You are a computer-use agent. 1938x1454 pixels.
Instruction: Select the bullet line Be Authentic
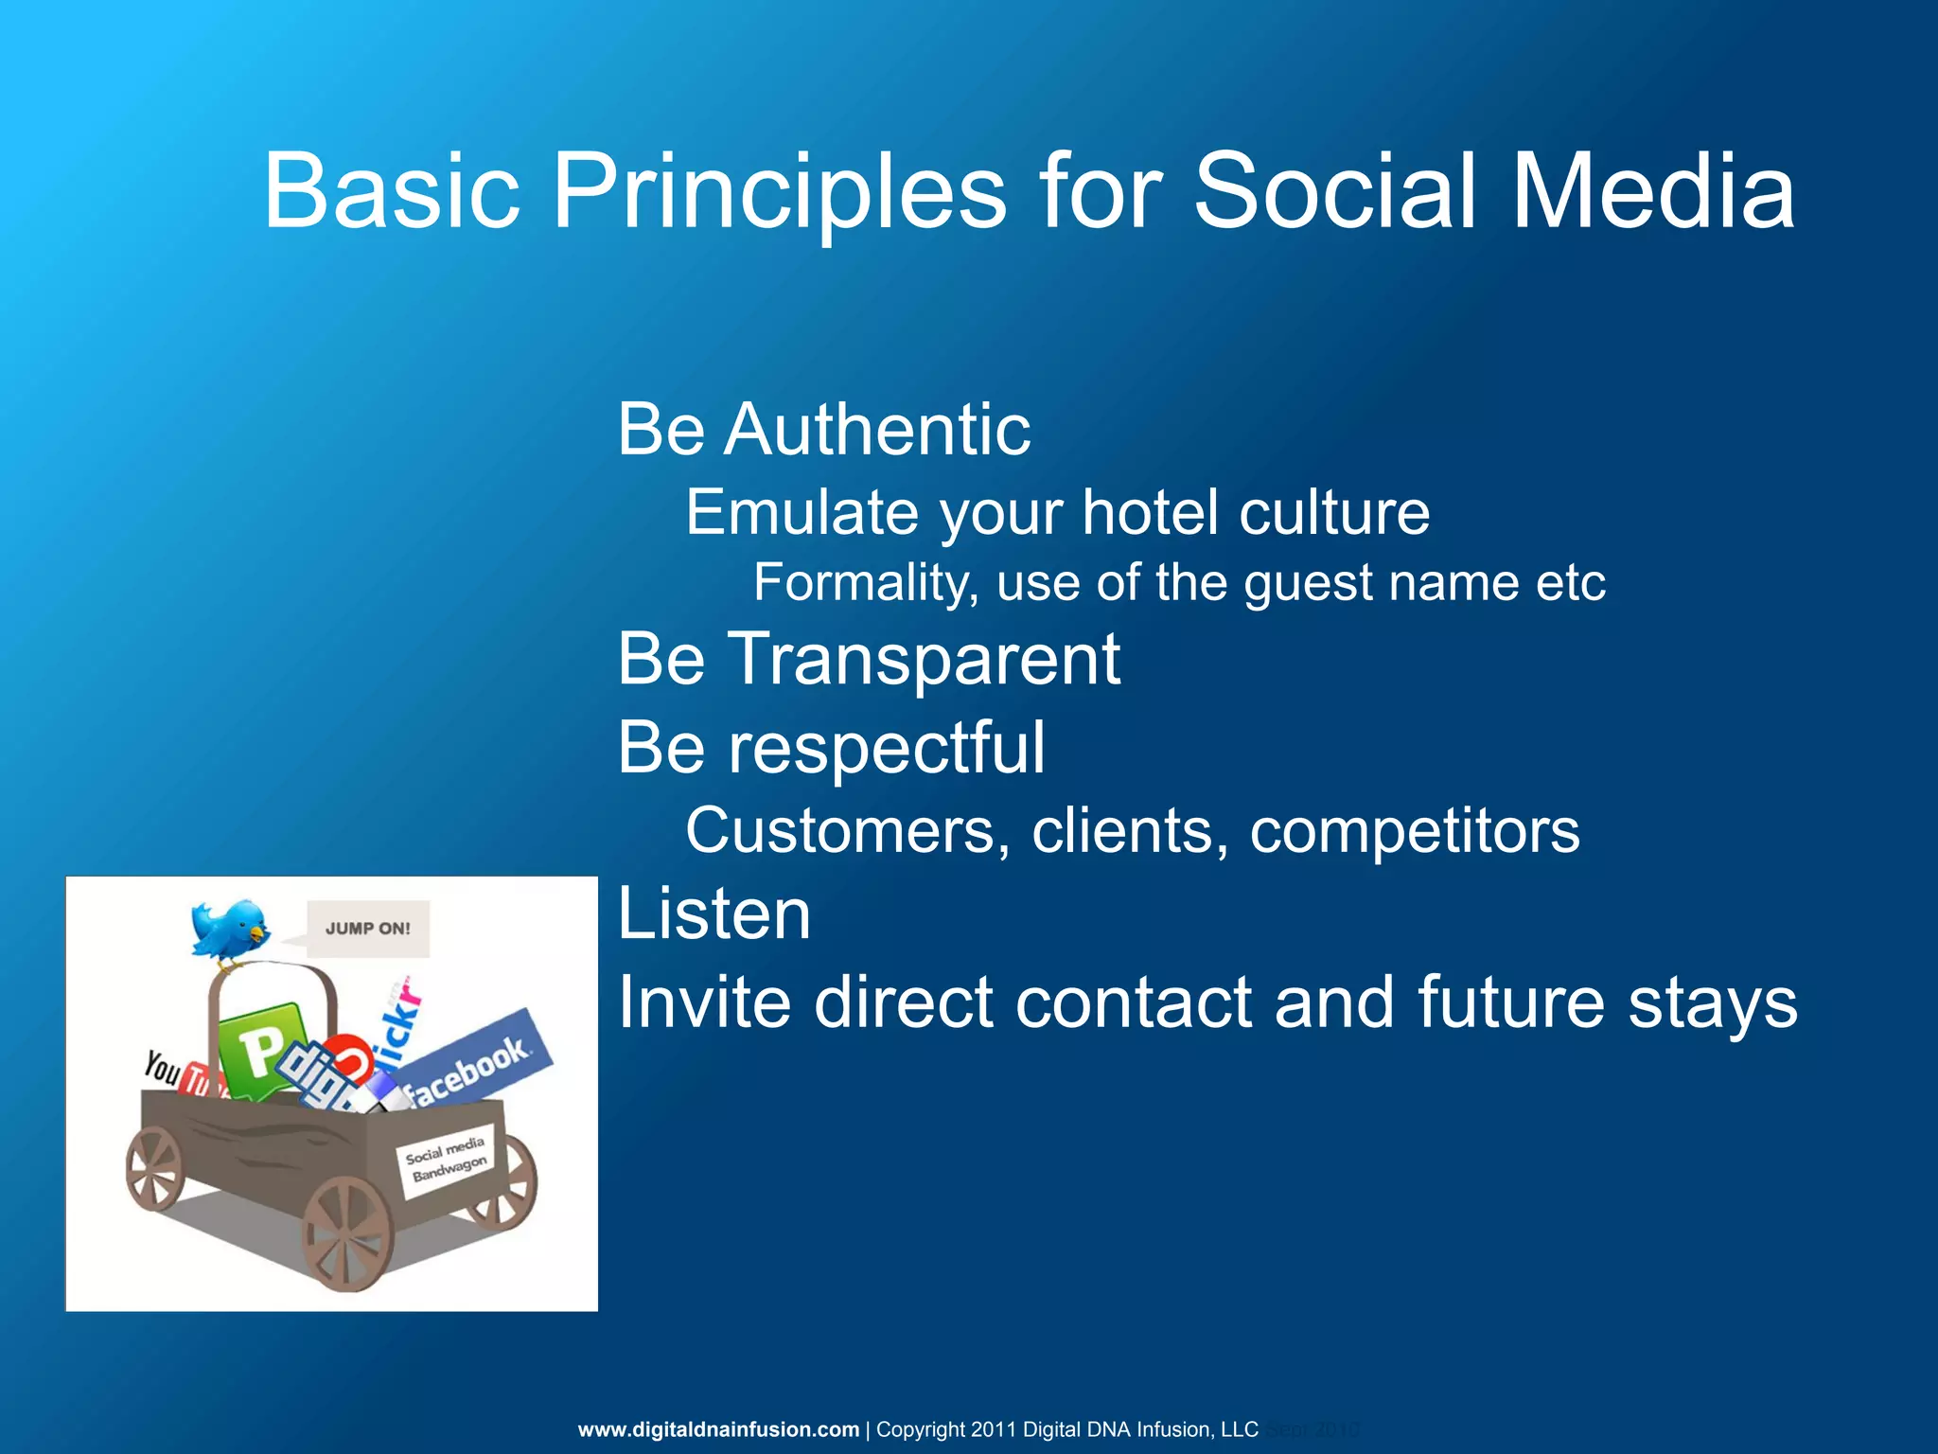click(823, 430)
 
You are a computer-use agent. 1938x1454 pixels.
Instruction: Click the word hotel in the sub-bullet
click(1150, 513)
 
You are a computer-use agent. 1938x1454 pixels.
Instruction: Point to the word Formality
click(865, 582)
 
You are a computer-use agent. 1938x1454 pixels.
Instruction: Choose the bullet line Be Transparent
click(868, 659)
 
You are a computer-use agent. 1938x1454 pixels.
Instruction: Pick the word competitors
click(1414, 831)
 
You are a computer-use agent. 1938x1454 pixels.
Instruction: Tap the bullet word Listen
click(714, 914)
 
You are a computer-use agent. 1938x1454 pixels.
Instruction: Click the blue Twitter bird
click(229, 930)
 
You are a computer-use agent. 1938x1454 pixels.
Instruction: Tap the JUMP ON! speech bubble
click(367, 929)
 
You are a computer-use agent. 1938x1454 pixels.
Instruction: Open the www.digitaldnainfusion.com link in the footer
click(718, 1429)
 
